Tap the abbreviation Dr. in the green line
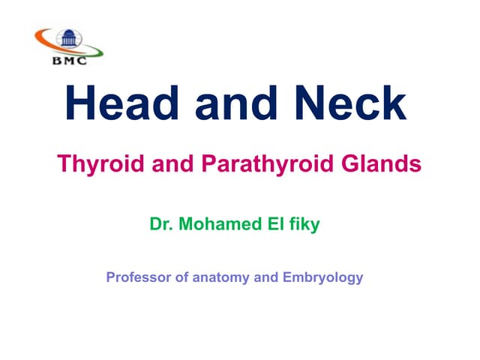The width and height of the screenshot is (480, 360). tap(161, 224)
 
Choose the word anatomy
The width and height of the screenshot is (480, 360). tap(222, 277)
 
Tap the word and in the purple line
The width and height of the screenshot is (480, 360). tap(265, 277)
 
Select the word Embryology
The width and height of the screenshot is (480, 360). tap(322, 277)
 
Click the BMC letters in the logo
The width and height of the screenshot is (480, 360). tap(70, 61)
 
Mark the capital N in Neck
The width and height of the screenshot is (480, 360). tap(310, 104)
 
